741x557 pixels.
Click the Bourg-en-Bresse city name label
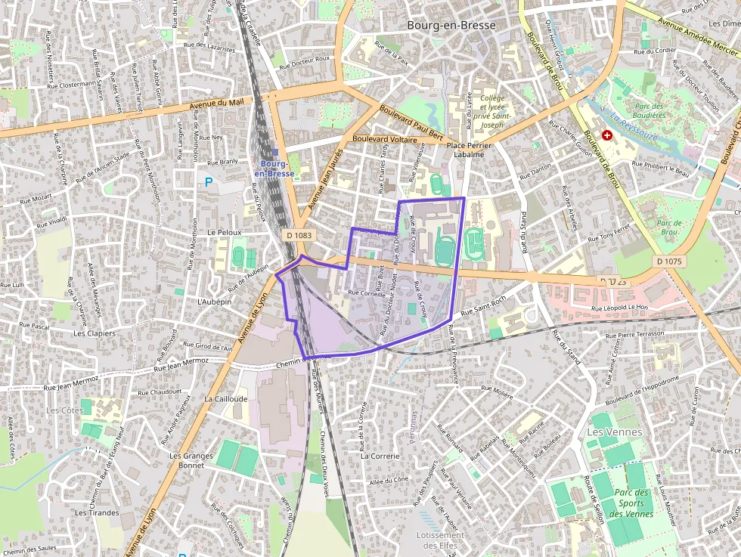click(451, 25)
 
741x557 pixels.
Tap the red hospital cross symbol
click(606, 135)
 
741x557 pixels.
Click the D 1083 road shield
click(299, 235)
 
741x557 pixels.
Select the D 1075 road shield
click(669, 261)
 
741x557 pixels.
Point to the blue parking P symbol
click(209, 181)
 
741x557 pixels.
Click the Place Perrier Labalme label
click(465, 149)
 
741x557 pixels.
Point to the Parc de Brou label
click(669, 227)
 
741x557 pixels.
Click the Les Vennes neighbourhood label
click(614, 432)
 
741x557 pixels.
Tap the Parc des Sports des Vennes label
click(631, 503)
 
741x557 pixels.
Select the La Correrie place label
click(380, 456)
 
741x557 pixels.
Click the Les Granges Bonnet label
click(187, 460)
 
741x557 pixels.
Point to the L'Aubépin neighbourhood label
click(213, 301)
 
